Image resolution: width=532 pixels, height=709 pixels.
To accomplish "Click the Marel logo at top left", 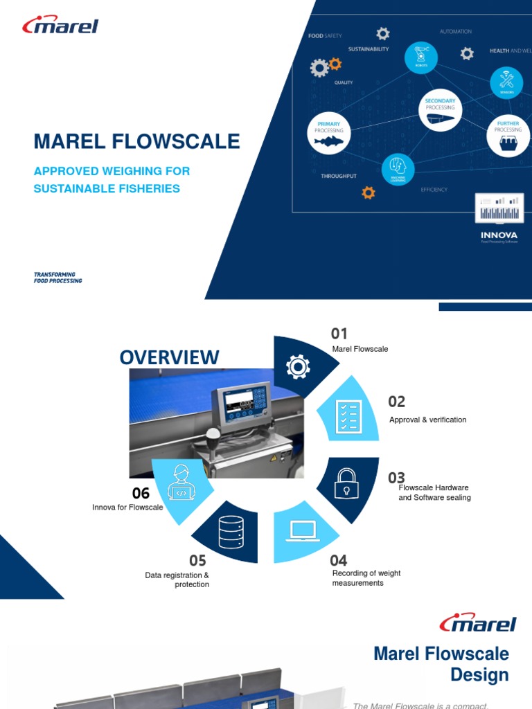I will pyautogui.click(x=60, y=26).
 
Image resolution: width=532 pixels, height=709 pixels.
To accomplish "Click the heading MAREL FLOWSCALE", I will pyautogui.click(x=136, y=141).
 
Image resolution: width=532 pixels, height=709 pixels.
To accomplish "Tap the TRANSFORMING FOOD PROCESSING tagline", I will pyautogui.click(x=57, y=278).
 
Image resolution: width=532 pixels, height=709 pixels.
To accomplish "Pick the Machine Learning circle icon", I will pyautogui.click(x=398, y=169).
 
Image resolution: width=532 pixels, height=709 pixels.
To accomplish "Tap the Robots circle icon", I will pyautogui.click(x=421, y=56).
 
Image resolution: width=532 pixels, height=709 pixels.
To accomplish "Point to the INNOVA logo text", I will pyautogui.click(x=499, y=235).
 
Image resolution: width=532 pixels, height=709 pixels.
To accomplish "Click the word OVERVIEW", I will pyautogui.click(x=169, y=357).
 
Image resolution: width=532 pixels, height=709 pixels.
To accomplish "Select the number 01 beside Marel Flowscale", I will pyautogui.click(x=339, y=334).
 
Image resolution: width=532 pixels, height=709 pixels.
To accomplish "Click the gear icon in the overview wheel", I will pyautogui.click(x=298, y=366).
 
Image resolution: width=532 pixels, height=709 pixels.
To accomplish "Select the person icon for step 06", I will pyautogui.click(x=181, y=482).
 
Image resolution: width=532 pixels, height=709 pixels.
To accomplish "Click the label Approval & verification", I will pyautogui.click(x=427, y=420).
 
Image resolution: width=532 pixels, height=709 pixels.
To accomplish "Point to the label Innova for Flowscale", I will pyautogui.click(x=127, y=508).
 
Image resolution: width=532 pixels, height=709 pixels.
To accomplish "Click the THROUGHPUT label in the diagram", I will pyautogui.click(x=339, y=177).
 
